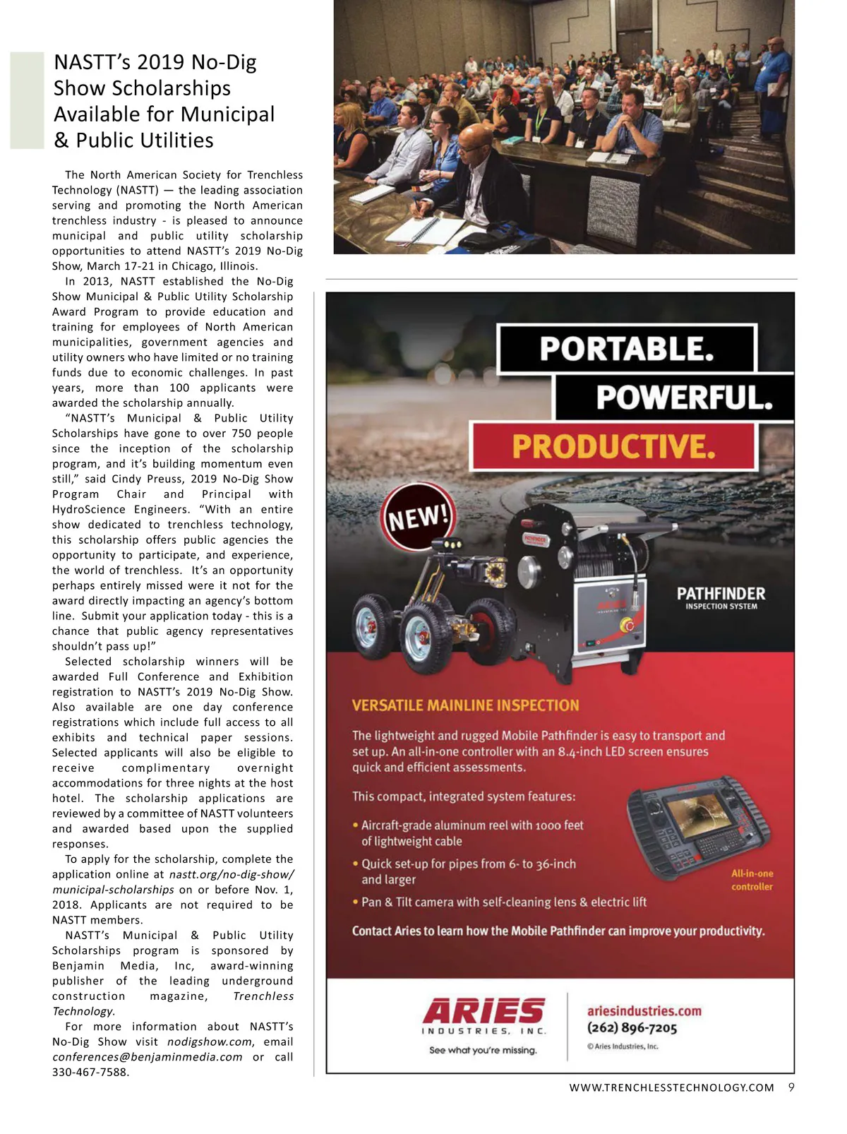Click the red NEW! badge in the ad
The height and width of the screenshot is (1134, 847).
[419, 518]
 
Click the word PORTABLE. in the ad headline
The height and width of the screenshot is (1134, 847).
[627, 349]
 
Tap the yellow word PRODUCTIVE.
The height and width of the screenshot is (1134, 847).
[613, 446]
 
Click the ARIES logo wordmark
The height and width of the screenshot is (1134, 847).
[484, 1010]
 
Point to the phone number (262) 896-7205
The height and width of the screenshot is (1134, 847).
[632, 1028]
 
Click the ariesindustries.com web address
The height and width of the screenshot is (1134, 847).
[644, 1010]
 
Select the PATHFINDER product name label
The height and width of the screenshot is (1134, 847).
[721, 594]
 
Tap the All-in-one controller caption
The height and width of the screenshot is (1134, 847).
[752, 880]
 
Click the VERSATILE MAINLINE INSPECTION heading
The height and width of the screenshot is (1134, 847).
[465, 705]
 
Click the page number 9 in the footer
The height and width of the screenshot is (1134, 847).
[791, 1087]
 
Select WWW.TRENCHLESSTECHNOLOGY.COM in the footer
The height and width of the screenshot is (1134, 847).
[671, 1088]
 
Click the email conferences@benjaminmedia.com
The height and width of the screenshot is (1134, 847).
[147, 1057]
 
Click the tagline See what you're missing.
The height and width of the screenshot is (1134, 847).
[483, 1050]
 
